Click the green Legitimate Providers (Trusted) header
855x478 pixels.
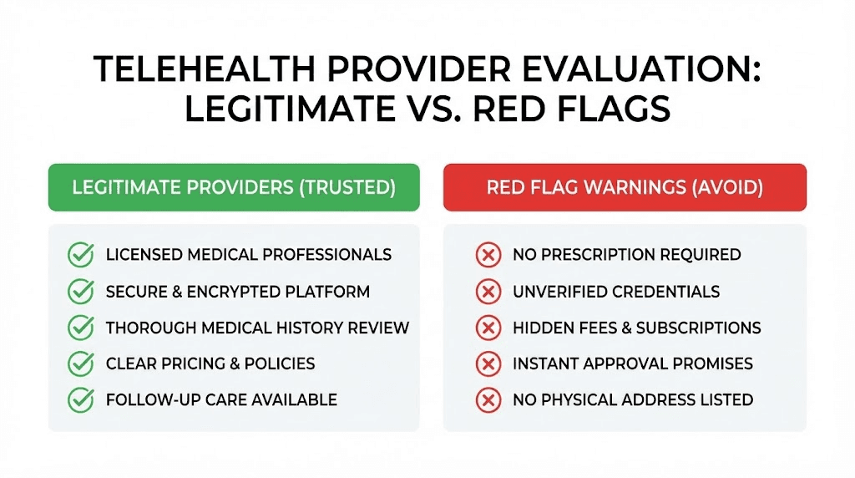point(234,187)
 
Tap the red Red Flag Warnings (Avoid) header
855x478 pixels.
point(625,187)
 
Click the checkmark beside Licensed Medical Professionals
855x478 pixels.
point(80,255)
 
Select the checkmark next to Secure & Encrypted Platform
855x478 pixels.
point(80,292)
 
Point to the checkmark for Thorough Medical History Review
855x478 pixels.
point(80,328)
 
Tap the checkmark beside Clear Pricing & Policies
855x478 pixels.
point(80,364)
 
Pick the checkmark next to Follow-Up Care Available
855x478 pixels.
point(80,399)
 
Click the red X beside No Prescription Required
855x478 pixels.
point(488,255)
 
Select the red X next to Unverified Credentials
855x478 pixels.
point(488,292)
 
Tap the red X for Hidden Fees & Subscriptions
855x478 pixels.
point(488,328)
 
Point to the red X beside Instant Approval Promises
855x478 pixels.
point(488,364)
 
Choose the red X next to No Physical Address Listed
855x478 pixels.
point(488,399)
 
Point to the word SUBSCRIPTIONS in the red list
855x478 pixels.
point(698,328)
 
